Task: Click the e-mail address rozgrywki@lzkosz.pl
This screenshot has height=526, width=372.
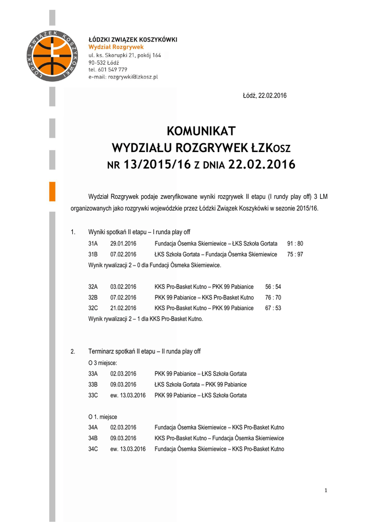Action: [x=132, y=77]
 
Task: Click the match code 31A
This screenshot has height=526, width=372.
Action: [x=93, y=243]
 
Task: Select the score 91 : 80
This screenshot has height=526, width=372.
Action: [x=295, y=243]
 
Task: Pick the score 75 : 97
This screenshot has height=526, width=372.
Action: [x=295, y=254]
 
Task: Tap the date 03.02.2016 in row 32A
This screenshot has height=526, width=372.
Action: [x=123, y=287]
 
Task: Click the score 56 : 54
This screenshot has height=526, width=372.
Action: [x=273, y=287]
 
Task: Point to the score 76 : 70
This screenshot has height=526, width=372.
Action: [x=273, y=297]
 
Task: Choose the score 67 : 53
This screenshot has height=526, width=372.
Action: [x=273, y=308]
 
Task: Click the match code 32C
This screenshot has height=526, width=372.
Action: [x=93, y=308]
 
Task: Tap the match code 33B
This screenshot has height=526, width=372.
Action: [x=93, y=384]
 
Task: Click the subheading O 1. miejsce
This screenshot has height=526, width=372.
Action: [x=103, y=417]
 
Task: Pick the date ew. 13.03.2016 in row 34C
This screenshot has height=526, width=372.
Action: [x=128, y=449]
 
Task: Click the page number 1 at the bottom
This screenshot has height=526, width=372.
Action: [x=325, y=491]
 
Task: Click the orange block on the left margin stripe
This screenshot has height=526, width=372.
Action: [x=52, y=191]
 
